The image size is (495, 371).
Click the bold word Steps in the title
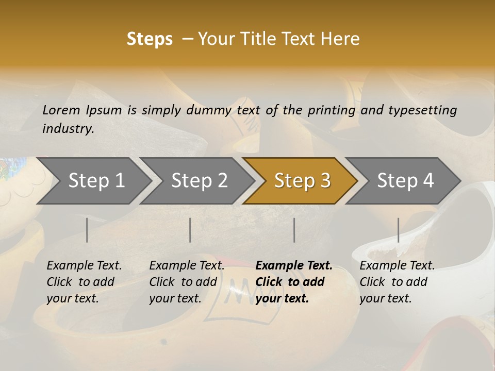click(x=150, y=39)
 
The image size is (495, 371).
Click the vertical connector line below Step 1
click(x=87, y=230)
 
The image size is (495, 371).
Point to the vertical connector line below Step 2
click(x=190, y=230)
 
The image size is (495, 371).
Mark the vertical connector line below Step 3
click(x=294, y=230)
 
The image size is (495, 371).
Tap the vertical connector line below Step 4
click(x=399, y=230)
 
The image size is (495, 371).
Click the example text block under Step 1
click(x=84, y=282)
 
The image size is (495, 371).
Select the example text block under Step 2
click(x=187, y=282)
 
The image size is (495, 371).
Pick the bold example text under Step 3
click(x=294, y=282)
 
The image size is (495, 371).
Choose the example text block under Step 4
click(x=397, y=282)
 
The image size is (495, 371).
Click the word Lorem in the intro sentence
click(x=61, y=110)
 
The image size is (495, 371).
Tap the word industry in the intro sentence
click(x=68, y=128)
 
